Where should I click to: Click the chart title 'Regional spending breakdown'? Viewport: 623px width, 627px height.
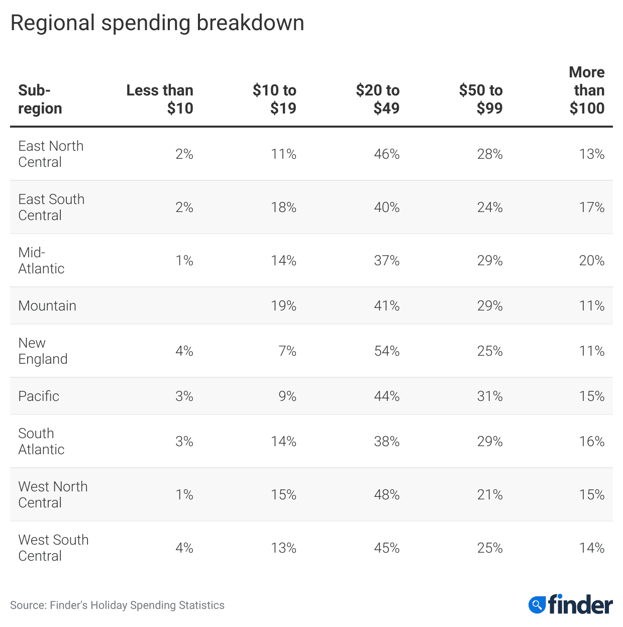pos(157,23)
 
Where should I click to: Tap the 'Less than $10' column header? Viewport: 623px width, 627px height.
pos(160,99)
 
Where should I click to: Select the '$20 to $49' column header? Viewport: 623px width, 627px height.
pos(377,99)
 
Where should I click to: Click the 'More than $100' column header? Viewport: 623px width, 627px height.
pos(586,90)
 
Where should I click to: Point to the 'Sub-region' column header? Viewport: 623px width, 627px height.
pos(40,99)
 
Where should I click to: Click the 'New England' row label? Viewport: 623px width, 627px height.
pos(43,351)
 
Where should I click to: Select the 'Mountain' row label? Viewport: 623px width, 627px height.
pos(47,305)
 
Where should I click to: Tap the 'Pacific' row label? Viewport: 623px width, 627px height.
pos(39,396)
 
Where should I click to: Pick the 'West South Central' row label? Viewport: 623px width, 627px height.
pos(53,548)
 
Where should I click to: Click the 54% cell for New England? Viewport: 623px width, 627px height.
pos(386,351)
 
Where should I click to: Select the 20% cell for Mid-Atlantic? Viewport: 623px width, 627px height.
pos(591,260)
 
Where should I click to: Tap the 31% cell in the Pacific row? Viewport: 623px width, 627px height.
pos(489,396)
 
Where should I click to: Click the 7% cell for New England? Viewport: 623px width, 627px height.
pos(287,351)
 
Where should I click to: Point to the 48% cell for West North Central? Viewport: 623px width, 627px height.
pos(386,494)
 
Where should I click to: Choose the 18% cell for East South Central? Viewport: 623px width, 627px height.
pos(283,207)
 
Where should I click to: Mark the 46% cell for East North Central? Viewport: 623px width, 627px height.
pos(386,154)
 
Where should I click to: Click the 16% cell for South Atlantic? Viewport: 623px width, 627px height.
pos(591,441)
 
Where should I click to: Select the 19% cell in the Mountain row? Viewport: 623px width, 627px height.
pos(283,305)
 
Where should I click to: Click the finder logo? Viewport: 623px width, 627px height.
pos(570,604)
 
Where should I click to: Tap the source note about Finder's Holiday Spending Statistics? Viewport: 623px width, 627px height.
pos(117,605)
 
